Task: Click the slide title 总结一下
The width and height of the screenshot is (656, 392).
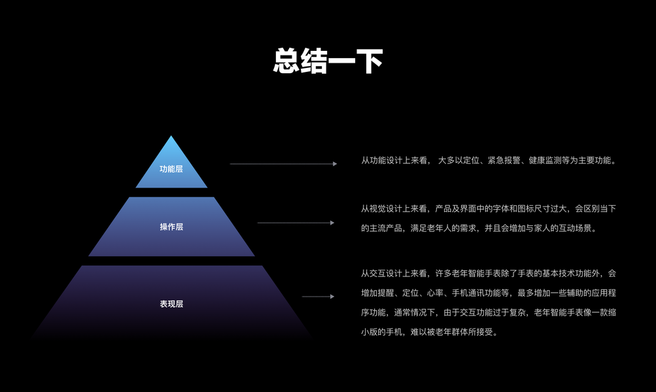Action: pyautogui.click(x=328, y=61)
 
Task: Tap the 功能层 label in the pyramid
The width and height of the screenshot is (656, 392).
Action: pyautogui.click(x=171, y=169)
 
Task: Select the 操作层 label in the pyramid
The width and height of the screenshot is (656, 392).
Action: pyautogui.click(x=171, y=227)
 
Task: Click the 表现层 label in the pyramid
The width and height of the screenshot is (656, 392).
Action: pyautogui.click(x=171, y=304)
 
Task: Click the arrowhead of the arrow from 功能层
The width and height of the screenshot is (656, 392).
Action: pyautogui.click(x=334, y=164)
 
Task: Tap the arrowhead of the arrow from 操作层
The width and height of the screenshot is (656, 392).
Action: pyautogui.click(x=332, y=223)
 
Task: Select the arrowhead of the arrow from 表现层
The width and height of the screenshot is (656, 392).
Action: pyautogui.click(x=332, y=297)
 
